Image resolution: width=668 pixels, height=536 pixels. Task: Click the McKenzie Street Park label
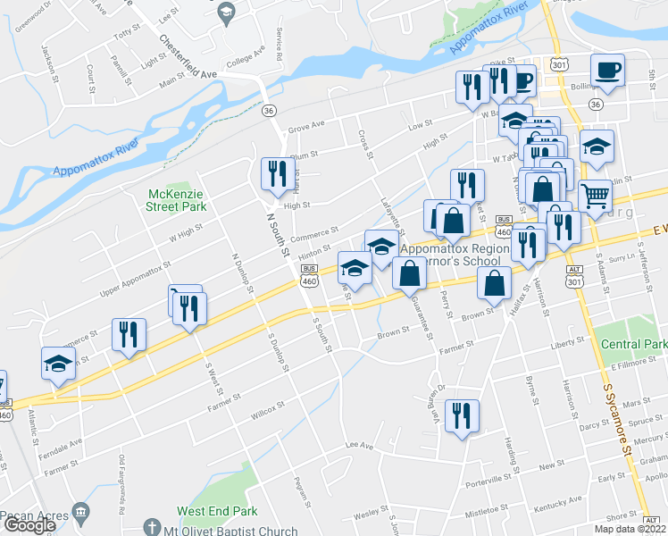(x=176, y=199)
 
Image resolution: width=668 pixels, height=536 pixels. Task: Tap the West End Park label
(x=217, y=511)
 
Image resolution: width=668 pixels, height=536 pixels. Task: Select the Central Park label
(x=634, y=344)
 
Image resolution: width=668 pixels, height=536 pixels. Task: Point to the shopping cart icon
(x=594, y=196)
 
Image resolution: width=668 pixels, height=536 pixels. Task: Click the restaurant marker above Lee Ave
(x=462, y=415)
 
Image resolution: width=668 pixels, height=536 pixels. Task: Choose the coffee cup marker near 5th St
(x=607, y=71)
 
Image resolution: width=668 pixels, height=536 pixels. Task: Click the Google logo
(x=29, y=524)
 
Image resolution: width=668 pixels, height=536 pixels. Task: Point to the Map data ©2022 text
(x=630, y=529)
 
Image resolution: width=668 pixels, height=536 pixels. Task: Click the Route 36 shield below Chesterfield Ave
(x=268, y=110)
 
